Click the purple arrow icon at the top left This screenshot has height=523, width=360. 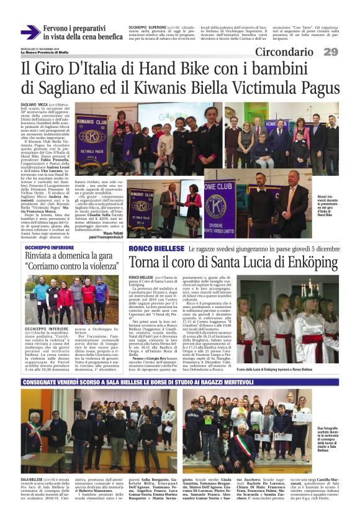click(x=30, y=32)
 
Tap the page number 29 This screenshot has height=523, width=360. click(x=331, y=52)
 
